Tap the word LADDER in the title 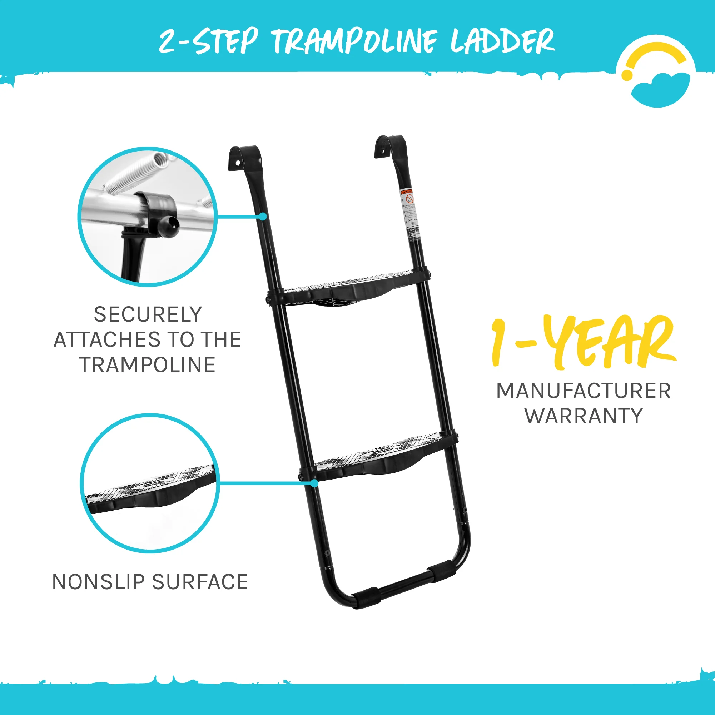(502, 41)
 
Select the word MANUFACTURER (584, 391)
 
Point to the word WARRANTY (584, 416)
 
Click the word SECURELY (148, 315)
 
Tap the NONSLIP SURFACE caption (150, 582)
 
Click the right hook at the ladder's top (389, 146)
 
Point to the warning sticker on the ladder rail (410, 211)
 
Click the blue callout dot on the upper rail (262, 217)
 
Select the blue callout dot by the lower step (314, 483)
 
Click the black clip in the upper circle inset (159, 215)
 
